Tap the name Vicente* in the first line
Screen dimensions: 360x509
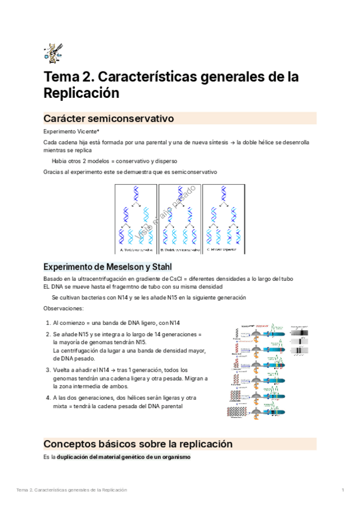coord(86,131)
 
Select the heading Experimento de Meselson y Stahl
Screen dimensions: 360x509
coord(108,267)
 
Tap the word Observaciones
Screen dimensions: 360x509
coord(64,308)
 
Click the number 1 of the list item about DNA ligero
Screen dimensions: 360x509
coord(47,323)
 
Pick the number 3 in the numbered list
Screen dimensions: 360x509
coord(47,370)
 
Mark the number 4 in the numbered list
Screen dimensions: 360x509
coord(47,398)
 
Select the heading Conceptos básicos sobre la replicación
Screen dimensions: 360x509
coord(137,444)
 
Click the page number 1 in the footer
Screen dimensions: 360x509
coord(342,490)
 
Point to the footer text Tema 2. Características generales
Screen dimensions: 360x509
coord(72,490)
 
